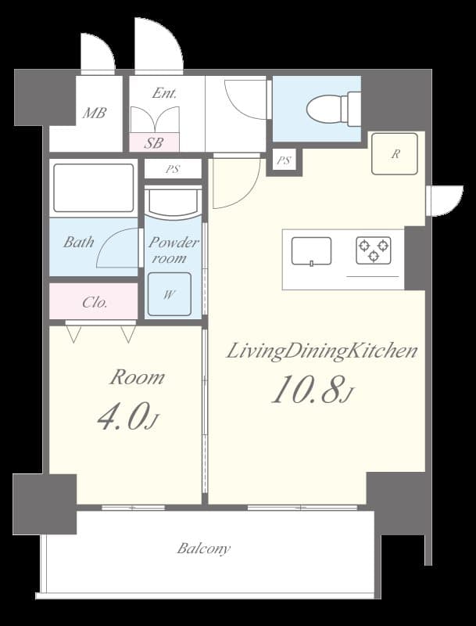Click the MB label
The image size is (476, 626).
95,113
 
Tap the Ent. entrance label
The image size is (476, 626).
164,93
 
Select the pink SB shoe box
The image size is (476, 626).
154,143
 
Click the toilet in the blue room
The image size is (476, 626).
333,108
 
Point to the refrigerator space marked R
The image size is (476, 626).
395,154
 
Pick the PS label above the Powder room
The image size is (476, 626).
173,169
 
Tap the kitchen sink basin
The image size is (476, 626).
311,251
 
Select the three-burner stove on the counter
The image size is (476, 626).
373,250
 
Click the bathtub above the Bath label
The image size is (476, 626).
93,188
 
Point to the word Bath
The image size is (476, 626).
78,243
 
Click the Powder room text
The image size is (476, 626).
173,250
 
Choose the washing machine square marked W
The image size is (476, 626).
169,295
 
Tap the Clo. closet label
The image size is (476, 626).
95,302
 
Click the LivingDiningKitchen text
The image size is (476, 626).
322,351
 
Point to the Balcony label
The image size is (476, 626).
203,549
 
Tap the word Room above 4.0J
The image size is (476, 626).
137,378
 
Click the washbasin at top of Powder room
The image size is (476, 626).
173,201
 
